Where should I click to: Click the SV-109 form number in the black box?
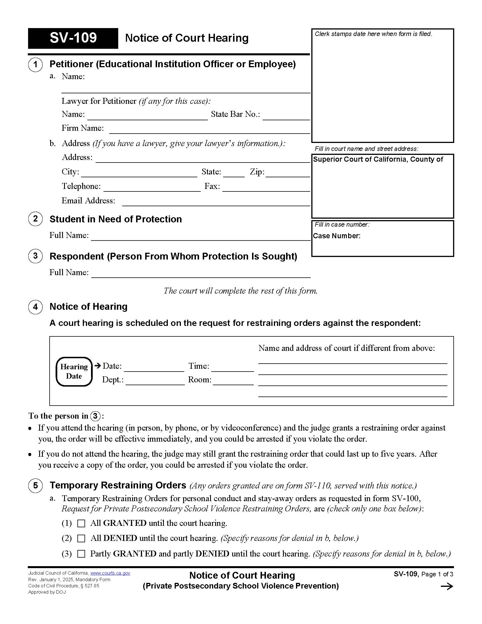73,38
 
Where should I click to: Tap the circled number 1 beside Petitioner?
35,65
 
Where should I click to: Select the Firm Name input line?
210,130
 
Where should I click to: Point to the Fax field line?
266,188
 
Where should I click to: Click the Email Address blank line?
216,203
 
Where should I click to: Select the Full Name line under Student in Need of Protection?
201,237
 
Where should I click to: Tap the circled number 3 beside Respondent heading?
35,256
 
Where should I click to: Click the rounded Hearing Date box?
74,372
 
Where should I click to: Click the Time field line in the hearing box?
233,368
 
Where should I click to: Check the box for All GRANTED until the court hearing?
81,523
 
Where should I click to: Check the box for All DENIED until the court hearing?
81,539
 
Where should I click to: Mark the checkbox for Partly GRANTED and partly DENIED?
81,554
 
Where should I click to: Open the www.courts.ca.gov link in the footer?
110,573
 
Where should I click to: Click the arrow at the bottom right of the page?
447,587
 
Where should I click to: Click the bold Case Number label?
337,236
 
